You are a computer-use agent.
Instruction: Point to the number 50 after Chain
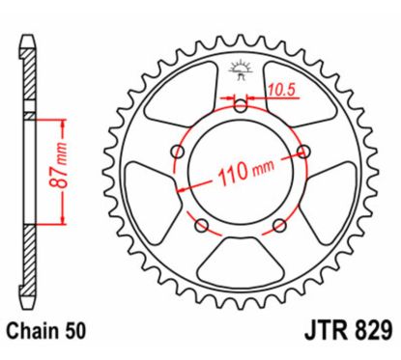click(77, 331)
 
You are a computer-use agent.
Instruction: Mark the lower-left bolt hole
click(200, 226)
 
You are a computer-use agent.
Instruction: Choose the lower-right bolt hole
click(280, 226)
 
